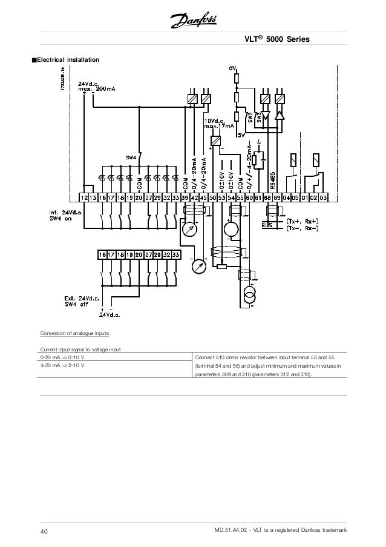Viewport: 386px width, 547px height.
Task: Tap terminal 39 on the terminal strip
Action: (x=185, y=197)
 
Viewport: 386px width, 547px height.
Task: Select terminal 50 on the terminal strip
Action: (x=212, y=197)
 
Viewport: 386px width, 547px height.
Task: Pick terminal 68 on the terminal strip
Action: (x=267, y=197)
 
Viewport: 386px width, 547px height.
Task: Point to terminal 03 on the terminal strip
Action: (x=323, y=197)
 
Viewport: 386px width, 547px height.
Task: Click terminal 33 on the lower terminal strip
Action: (x=175, y=256)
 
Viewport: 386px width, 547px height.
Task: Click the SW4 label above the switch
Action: (x=131, y=157)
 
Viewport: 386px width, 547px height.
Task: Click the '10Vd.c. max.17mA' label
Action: (x=218, y=123)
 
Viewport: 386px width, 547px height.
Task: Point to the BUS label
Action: (x=267, y=225)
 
